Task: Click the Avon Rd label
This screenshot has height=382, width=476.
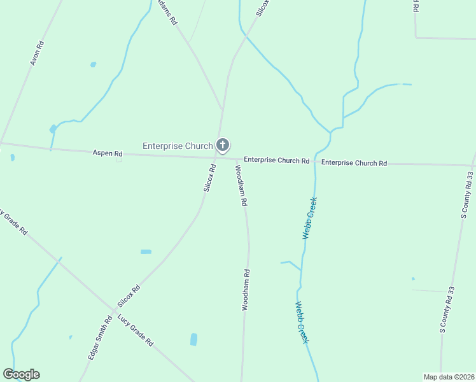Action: tap(37, 53)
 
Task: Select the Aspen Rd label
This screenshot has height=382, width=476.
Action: tap(107, 153)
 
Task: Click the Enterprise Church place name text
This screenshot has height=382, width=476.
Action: tap(177, 146)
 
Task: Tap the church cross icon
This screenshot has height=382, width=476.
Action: tap(223, 145)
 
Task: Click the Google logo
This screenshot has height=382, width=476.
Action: tap(21, 374)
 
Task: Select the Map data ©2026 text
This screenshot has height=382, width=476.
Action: tap(449, 377)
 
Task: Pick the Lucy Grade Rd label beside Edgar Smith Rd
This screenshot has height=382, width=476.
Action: tap(136, 330)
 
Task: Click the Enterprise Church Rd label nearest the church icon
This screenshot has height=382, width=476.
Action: tap(276, 160)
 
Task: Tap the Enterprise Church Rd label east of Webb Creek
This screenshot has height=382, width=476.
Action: tap(354, 163)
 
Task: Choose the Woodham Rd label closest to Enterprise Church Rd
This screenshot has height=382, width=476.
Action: tap(241, 185)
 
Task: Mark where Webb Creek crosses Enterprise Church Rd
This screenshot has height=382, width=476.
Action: tap(315, 162)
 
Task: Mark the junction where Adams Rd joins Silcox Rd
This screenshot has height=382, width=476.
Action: tap(222, 110)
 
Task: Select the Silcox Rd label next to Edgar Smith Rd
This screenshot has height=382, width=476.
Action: tap(129, 297)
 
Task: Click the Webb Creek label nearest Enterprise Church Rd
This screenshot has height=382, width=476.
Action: tap(309, 218)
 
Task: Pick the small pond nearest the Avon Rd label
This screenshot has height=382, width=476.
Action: tap(94, 64)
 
